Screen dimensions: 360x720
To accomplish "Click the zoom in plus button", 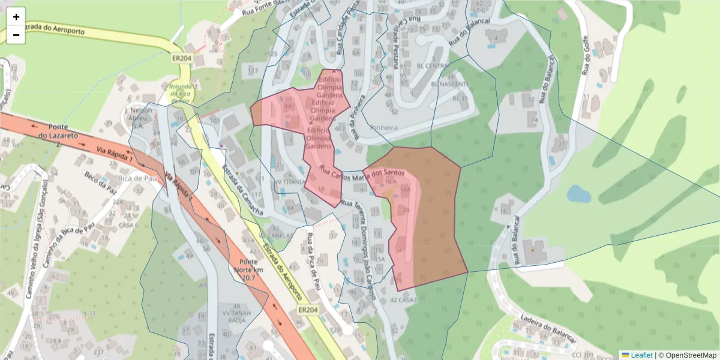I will pyautogui.click(x=16, y=17).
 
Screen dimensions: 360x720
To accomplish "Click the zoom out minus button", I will pyautogui.click(x=16, y=35).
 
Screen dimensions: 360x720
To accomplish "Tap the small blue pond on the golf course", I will pyautogui.click(x=578, y=194).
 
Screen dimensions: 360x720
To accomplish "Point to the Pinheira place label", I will pyautogui.click(x=384, y=128).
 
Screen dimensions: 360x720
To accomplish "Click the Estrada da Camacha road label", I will pyautogui.click(x=242, y=191).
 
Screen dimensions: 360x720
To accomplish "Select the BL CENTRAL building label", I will pyautogui.click(x=432, y=65).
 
